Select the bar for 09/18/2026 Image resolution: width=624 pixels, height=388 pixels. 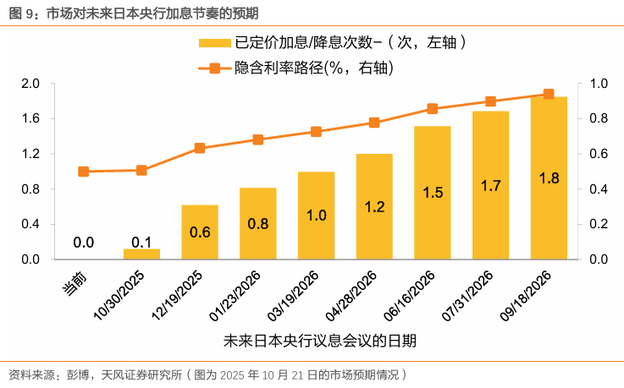click(x=549, y=178)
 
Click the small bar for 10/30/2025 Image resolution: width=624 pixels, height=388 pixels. click(x=141, y=253)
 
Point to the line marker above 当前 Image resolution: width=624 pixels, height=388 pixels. click(x=83, y=172)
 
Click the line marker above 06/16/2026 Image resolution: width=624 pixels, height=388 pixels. click(x=432, y=108)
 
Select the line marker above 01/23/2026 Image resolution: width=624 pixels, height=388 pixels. click(x=258, y=139)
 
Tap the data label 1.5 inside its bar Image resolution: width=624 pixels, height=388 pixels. click(x=432, y=193)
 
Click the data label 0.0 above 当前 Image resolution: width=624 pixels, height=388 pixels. click(x=83, y=243)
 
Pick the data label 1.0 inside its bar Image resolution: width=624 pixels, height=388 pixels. click(x=316, y=216)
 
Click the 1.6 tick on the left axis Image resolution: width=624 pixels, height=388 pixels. click(x=30, y=118)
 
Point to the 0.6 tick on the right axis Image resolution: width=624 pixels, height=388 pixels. click(x=598, y=154)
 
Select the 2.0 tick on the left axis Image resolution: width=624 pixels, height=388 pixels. click(x=30, y=83)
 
